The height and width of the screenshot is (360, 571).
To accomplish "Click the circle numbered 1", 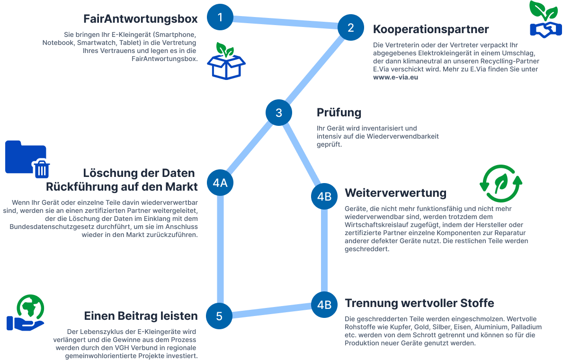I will (x=220, y=18).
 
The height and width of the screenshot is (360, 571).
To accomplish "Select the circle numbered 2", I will (x=351, y=27).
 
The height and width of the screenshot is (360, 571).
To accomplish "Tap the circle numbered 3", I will (x=278, y=113).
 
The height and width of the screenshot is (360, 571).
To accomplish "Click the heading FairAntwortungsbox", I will (x=140, y=19).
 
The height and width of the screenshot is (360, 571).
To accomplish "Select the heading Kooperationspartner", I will (x=431, y=29).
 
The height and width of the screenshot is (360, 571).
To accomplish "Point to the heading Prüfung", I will (x=339, y=113).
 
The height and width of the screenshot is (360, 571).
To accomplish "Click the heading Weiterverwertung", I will (x=395, y=193).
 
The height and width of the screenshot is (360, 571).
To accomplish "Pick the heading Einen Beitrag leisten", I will (x=141, y=316).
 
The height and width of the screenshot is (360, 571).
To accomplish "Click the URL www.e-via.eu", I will (x=395, y=77).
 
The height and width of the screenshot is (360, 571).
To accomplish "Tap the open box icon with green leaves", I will (x=227, y=61).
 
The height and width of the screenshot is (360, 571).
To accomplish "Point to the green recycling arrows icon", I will (x=501, y=184).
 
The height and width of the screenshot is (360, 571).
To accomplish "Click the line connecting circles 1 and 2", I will (x=285, y=22).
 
